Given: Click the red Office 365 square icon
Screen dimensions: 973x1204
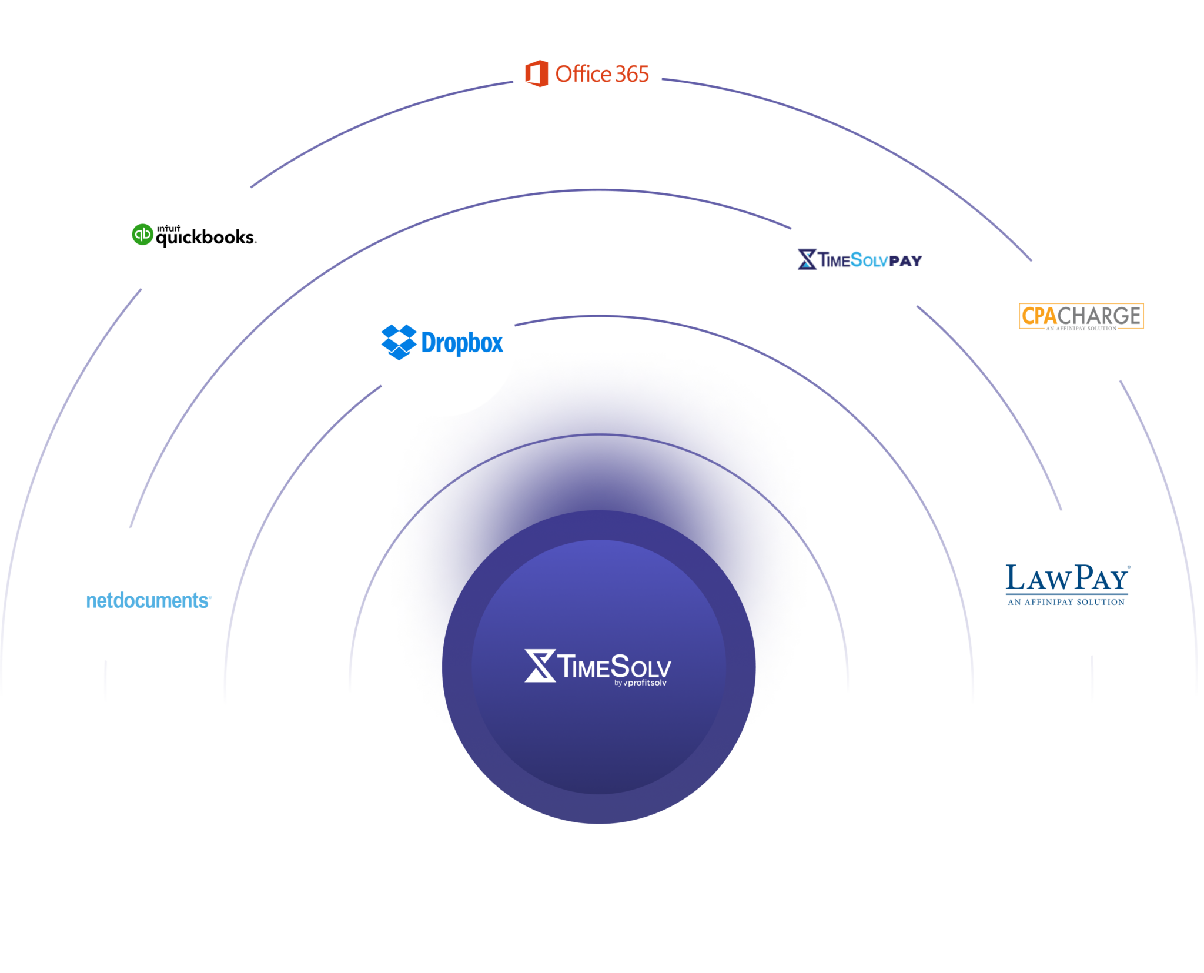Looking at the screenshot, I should click(536, 73).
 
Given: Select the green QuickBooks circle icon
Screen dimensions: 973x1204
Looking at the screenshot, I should click(142, 234).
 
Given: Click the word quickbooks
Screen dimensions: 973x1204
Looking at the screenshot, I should click(205, 238).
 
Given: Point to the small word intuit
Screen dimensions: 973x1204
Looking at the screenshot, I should click(168, 228).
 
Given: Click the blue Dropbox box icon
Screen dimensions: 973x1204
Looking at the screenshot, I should click(399, 342).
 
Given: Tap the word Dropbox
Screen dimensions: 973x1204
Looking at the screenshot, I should click(462, 343).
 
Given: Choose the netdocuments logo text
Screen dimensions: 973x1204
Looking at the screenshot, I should click(148, 600).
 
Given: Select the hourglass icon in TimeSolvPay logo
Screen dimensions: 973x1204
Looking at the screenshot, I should click(807, 259).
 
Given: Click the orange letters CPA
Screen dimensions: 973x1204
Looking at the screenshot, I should click(1039, 316).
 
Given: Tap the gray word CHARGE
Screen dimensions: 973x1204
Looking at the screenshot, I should click(1099, 316).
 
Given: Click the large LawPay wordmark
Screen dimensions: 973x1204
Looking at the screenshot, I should click(1067, 578).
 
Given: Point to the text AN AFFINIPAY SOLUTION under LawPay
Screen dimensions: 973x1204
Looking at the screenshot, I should click(1066, 602).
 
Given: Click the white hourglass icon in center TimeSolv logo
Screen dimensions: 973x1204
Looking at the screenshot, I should click(540, 666).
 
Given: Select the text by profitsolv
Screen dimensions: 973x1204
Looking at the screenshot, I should click(640, 683).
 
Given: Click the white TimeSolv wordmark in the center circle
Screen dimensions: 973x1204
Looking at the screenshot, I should click(614, 666).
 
